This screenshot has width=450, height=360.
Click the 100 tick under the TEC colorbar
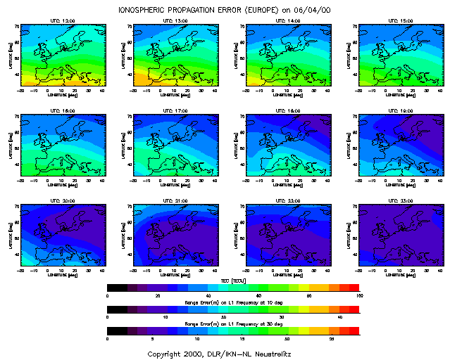(358, 295)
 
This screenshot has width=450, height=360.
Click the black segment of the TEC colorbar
(116, 288)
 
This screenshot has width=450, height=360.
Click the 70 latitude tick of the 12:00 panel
(17, 26)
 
